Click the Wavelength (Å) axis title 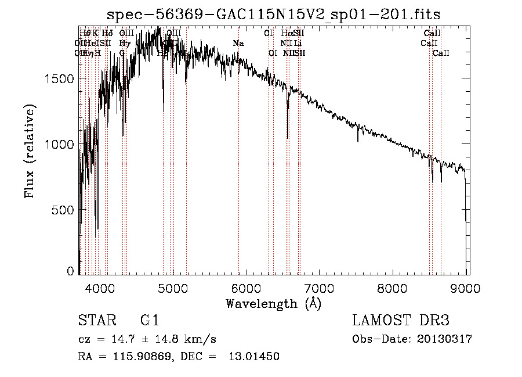tap(273, 303)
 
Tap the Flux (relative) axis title tap(30, 151)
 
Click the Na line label tap(238, 44)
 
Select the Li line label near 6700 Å tap(298, 44)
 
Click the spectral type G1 tap(149, 321)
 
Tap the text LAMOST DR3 tap(400, 321)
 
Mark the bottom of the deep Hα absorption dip tap(288, 138)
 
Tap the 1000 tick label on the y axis tap(60, 144)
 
